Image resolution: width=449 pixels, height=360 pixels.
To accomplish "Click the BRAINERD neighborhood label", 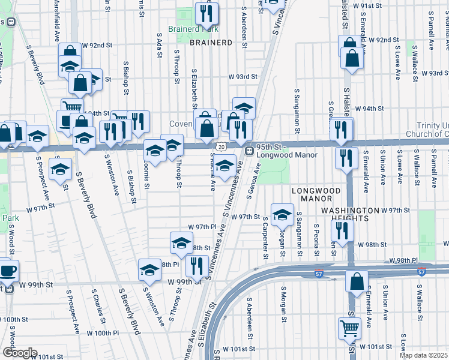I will (x=211, y=43).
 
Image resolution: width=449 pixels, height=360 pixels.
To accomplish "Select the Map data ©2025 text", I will (x=423, y=355).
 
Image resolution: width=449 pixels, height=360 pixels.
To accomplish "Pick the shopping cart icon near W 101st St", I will (x=349, y=328).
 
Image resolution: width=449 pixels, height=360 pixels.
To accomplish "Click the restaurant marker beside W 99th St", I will (x=197, y=265).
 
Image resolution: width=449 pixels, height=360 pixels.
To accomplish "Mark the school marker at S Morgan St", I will (x=282, y=214).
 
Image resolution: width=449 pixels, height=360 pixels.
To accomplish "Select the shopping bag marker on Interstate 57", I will (x=357, y=281).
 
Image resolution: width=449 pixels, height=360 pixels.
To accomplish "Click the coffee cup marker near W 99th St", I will (x=7, y=270).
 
